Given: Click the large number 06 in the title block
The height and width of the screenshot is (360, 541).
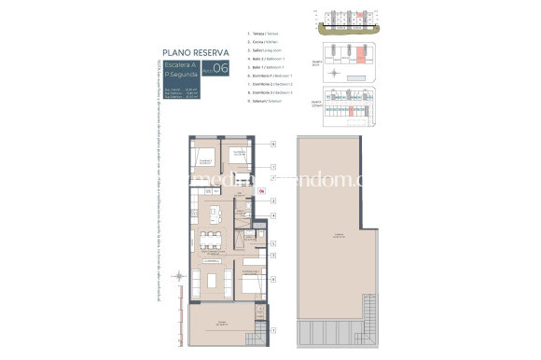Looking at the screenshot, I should [x=220, y=68].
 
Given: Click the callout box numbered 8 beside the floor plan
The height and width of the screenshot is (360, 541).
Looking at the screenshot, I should [x=272, y=145].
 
